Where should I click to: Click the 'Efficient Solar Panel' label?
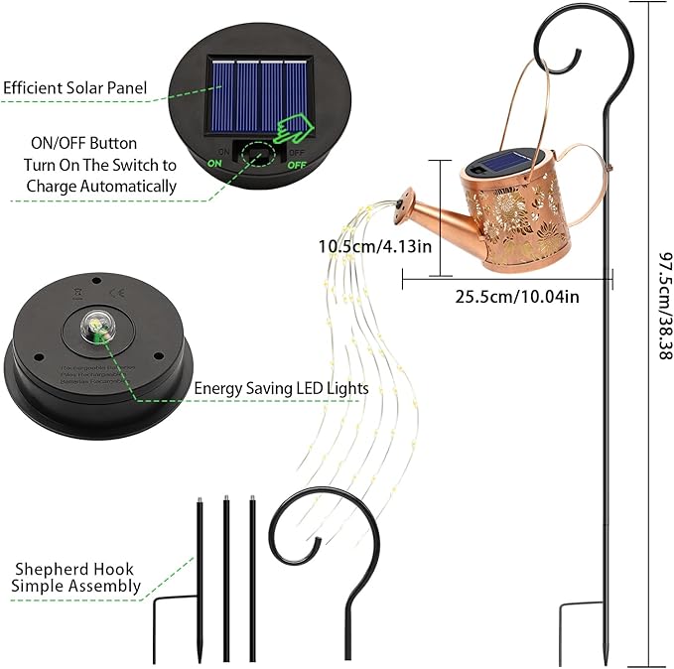coord(74,88)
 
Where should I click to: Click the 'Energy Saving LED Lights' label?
coord(281,388)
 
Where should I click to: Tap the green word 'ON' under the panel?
coord(214,163)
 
